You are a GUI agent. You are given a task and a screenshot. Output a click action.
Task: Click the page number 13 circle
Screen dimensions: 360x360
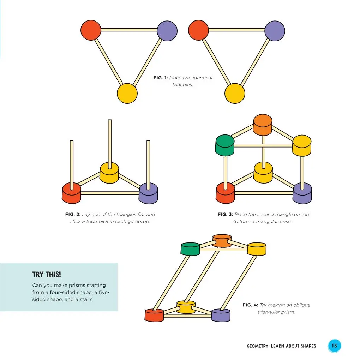tap(334, 346)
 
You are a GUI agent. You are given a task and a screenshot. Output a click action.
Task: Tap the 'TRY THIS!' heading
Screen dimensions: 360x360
tap(46, 275)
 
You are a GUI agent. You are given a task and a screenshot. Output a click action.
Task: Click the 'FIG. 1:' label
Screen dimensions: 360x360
tap(160, 78)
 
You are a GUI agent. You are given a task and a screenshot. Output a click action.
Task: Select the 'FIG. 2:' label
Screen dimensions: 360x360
tap(73, 214)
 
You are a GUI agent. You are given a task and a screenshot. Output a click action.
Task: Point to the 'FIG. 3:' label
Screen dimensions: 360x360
tap(225, 214)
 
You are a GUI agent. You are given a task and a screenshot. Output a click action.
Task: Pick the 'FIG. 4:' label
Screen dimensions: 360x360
tap(250, 305)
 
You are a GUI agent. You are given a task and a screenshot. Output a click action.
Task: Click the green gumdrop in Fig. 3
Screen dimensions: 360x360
tap(224, 145)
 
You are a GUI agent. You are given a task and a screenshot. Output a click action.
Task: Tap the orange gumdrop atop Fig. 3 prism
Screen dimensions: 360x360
tap(263, 125)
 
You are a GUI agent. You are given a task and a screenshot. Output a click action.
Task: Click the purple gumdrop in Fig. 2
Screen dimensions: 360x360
tap(148, 193)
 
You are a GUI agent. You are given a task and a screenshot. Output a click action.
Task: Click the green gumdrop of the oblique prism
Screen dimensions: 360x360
tap(190, 248)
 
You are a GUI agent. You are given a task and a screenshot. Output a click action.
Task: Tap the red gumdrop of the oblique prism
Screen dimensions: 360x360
tap(154, 314)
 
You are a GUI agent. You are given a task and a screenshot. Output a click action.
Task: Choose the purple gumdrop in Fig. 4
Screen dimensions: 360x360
tap(221, 315)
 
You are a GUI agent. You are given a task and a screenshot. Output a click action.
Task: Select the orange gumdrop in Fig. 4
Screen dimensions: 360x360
tap(222, 240)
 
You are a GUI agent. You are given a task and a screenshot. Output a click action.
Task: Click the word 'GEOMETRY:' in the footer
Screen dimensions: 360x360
tap(258, 346)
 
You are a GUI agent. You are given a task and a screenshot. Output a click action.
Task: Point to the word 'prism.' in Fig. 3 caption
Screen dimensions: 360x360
tap(286, 222)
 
